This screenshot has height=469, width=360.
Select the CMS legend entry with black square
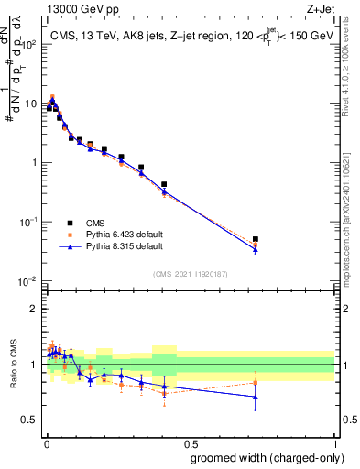point(71,223)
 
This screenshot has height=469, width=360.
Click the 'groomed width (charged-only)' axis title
point(262,457)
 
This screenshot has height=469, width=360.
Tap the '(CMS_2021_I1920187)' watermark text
point(190,273)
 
